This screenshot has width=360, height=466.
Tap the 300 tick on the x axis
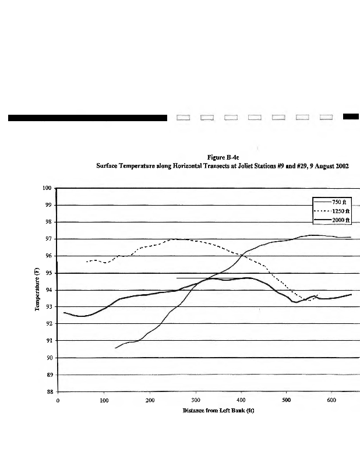pyautogui.click(x=195, y=401)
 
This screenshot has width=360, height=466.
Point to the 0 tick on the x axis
pyautogui.click(x=58, y=401)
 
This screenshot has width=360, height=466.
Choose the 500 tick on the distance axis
pyautogui.click(x=287, y=401)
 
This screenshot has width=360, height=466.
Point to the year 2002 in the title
pyautogui.click(x=341, y=166)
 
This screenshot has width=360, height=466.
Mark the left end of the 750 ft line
pyautogui.click(x=115, y=348)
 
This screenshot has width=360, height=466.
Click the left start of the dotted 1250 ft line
pyautogui.click(x=87, y=262)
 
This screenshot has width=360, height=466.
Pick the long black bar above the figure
pyautogui.click(x=87, y=118)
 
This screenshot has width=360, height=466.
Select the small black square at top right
pyautogui.click(x=351, y=116)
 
